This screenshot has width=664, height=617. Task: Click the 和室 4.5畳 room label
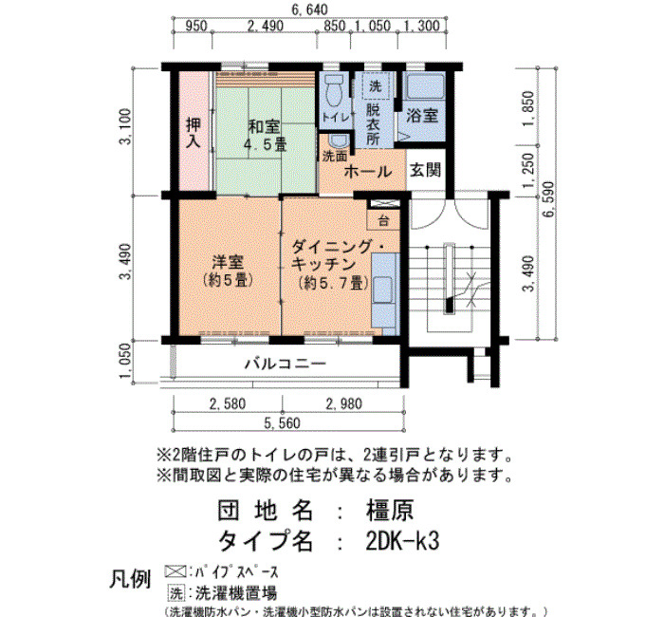266,136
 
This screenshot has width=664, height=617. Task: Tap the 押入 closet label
194,133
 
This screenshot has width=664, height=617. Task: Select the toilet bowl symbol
335,91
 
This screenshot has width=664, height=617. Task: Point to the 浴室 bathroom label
422,115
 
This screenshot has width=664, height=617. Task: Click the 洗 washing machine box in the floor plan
376,86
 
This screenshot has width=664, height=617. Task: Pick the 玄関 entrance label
426,170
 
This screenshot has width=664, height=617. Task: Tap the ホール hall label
368,172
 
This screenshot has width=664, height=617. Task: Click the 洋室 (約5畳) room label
228,271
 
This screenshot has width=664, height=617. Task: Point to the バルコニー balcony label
286,364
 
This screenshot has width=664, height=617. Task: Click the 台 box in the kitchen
383,221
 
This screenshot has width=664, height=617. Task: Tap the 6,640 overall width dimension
309,9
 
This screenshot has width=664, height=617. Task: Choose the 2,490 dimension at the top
265,27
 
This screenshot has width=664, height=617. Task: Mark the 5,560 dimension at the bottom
282,423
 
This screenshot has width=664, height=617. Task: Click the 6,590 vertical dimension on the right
549,199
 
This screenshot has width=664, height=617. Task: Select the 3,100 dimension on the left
126,126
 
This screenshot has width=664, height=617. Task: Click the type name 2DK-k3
402,541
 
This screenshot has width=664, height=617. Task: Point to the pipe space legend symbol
175,571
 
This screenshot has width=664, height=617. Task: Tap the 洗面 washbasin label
335,157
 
